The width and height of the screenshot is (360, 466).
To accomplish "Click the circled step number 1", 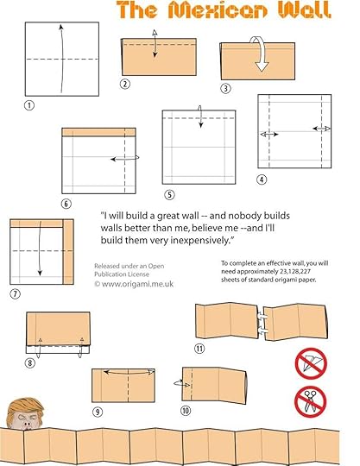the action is click(x=29, y=105).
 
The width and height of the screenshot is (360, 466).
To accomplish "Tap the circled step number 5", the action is click(x=169, y=195).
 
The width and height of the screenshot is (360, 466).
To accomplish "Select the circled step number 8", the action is click(x=29, y=362).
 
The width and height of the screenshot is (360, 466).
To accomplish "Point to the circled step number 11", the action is click(x=199, y=349).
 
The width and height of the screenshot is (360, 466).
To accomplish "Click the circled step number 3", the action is click(x=225, y=88).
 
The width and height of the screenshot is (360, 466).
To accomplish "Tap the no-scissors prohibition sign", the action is click(x=310, y=402).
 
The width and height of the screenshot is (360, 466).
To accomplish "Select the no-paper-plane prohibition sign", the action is click(x=311, y=363).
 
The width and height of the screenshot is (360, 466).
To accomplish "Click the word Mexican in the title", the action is click(x=218, y=9).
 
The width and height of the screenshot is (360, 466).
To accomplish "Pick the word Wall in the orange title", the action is click(x=304, y=9).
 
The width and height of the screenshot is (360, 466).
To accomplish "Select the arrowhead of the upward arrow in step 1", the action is click(x=61, y=27).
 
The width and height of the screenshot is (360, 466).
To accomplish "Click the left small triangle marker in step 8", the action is click(x=40, y=340).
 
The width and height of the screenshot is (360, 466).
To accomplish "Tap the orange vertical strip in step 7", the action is click(x=68, y=252).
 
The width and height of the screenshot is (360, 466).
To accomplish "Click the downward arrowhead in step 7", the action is click(x=40, y=273).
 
